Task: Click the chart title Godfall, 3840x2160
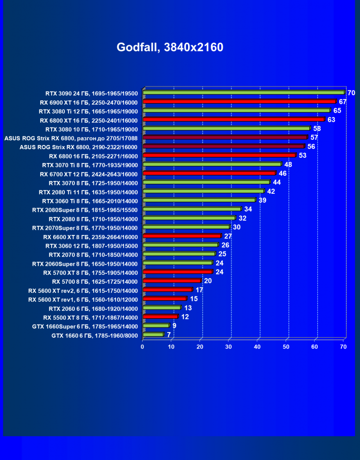pos(170,47)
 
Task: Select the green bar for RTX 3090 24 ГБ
pos(243,93)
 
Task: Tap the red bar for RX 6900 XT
pos(239,102)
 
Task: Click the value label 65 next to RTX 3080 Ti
pos(337,110)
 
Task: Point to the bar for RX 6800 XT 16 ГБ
pos(233,119)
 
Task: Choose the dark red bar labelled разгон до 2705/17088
pos(225,137)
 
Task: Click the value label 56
pos(311,146)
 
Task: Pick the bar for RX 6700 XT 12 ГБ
pos(209,173)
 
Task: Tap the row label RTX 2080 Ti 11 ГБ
pos(89,192)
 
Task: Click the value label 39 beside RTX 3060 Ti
pos(263,200)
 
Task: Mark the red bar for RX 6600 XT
pos(182,236)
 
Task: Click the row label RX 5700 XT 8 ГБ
pos(90,272)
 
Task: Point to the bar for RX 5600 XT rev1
pos(165,299)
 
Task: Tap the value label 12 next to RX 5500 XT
pos(185,316)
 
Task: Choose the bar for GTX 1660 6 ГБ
pos(153,335)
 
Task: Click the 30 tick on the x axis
pos(229,347)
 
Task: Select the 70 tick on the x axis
pos(343,347)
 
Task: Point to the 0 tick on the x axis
pos(143,347)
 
